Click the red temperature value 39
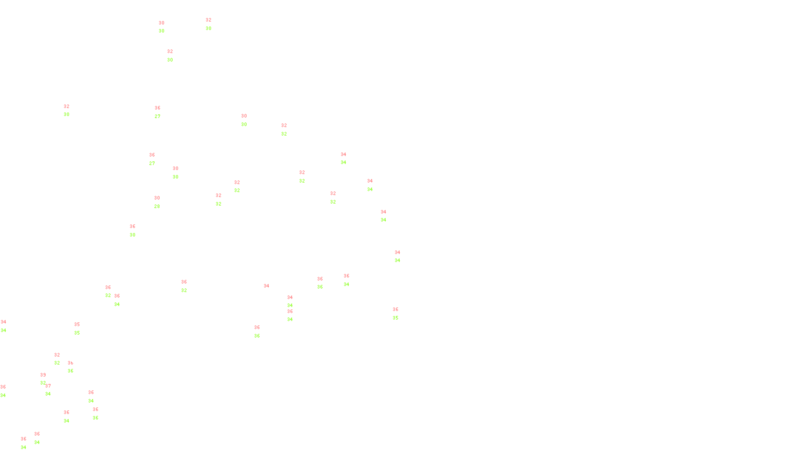coord(43,375)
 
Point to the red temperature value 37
coord(48,386)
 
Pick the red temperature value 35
coord(77,324)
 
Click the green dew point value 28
coord(157,206)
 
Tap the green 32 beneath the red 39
coord(43,383)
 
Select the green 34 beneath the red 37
coord(48,394)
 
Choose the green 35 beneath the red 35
coord(77,333)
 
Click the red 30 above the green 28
coord(157,198)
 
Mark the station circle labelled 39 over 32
coord(48,379)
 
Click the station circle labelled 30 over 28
coord(161,202)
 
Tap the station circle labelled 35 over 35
coord(82,329)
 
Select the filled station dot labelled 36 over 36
coord(261,331)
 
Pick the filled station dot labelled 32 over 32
coord(307,176)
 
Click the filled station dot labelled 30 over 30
coord(166,27)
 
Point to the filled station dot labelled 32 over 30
coord(213,24)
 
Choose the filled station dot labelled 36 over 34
coord(41,438)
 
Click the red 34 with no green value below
coord(266,286)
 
